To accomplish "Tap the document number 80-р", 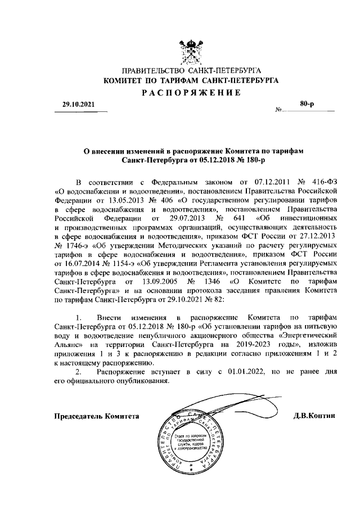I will (307, 104).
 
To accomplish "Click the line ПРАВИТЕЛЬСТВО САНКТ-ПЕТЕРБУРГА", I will (191, 71).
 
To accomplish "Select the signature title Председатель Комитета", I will (96, 416).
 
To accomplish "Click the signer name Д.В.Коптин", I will (314, 416).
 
